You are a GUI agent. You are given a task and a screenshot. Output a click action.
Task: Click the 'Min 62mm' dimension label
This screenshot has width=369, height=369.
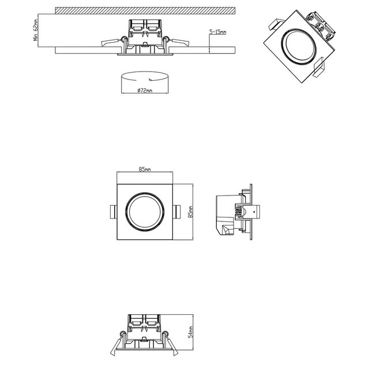[35, 30]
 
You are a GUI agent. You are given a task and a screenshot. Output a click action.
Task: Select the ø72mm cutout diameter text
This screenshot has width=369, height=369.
[145, 91]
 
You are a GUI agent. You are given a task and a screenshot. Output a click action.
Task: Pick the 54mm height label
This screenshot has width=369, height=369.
[191, 333]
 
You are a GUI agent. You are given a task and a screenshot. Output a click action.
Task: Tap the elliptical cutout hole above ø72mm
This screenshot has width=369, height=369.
[145, 78]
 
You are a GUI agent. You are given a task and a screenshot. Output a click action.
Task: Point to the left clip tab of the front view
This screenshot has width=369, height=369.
[113, 211]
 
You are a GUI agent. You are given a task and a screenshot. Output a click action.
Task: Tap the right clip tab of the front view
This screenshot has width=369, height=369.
[177, 211]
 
